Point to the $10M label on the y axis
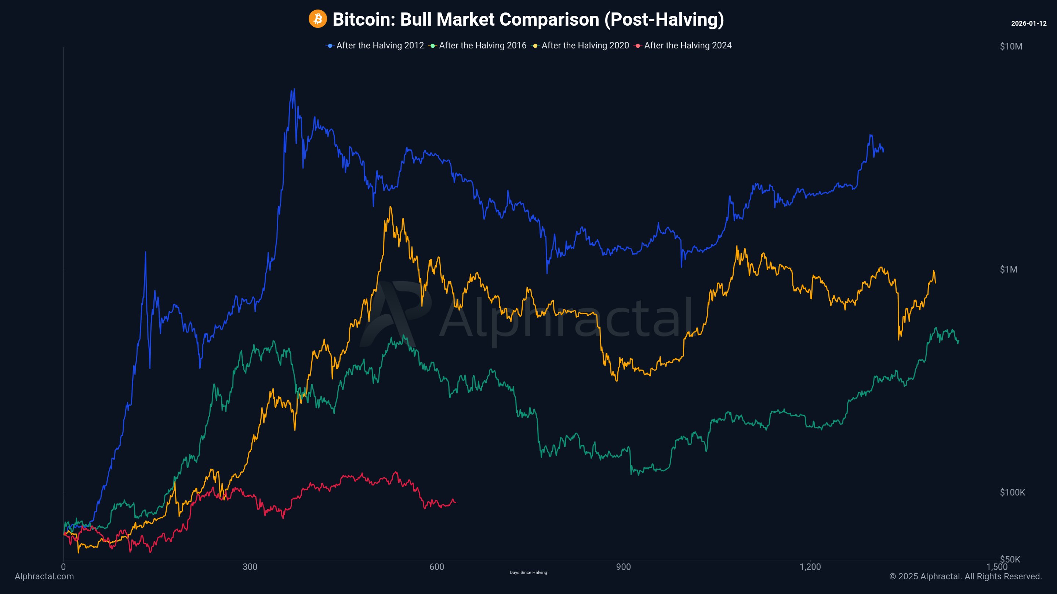point(1011,47)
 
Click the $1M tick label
point(1008,270)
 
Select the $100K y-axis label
point(1012,493)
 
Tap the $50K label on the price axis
point(1010,560)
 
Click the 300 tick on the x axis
point(250,567)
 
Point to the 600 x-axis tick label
point(437,567)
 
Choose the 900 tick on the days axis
point(623,567)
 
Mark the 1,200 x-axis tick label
point(810,567)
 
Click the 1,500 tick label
point(997,567)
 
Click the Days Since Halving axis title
point(528,573)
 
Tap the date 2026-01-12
point(1028,23)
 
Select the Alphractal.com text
point(44,576)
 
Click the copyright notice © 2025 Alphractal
point(965,576)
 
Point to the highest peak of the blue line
point(294,89)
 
